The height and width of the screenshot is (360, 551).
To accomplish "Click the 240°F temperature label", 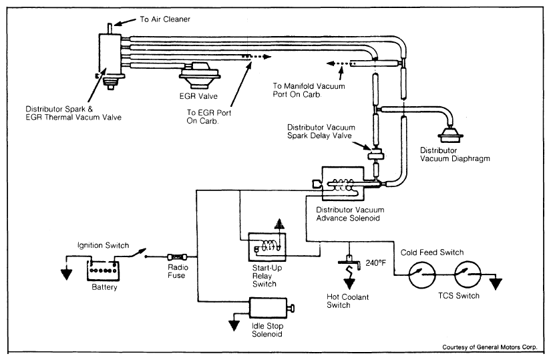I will [376, 262].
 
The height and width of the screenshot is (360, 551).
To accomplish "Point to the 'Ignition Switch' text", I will [103, 245].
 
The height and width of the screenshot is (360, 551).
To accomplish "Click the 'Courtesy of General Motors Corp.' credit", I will [493, 347].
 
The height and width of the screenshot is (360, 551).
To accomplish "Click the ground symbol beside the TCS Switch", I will [496, 283].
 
